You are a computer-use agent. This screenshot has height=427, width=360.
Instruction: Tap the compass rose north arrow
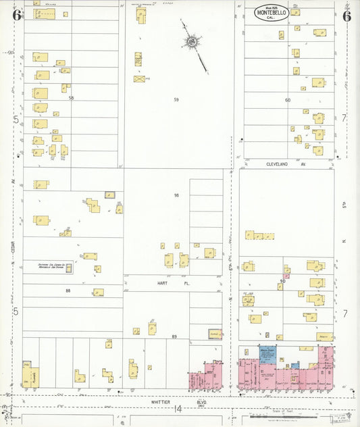click(192, 43)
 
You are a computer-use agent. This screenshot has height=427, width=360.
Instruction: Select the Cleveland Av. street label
click(280, 164)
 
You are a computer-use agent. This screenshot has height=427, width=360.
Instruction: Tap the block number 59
click(176, 100)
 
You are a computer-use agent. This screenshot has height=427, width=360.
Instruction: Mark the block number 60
click(287, 100)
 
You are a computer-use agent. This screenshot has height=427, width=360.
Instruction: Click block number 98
click(176, 195)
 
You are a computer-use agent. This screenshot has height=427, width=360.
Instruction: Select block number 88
click(68, 291)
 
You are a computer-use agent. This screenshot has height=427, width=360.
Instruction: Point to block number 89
click(174, 336)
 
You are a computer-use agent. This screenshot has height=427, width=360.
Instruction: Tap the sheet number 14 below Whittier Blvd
click(178, 409)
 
